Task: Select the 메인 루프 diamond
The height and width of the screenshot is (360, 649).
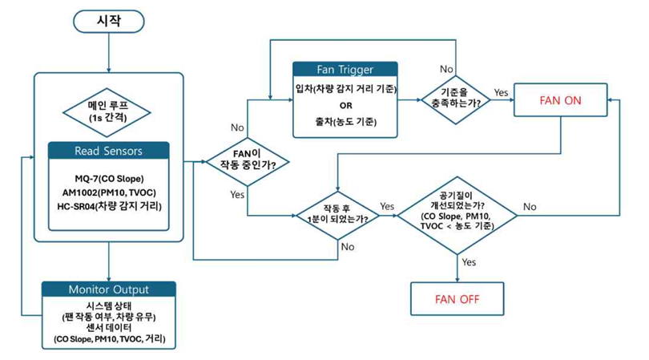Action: click(x=108, y=111)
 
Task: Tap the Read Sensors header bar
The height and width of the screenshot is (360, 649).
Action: click(x=108, y=150)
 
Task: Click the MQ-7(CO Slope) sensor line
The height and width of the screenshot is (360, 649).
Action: click(x=108, y=178)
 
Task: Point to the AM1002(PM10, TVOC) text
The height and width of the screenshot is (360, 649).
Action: click(x=108, y=193)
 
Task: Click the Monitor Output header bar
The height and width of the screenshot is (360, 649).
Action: click(x=108, y=289)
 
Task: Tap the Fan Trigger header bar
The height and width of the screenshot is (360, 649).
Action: click(x=345, y=69)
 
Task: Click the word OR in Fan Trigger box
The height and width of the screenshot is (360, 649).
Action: click(x=345, y=104)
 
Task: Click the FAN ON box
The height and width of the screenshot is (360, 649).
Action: click(x=561, y=101)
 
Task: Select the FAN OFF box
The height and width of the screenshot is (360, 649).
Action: click(x=457, y=300)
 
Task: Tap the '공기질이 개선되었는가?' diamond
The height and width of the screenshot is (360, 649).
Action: click(x=458, y=212)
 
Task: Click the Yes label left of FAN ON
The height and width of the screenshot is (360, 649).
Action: click(x=502, y=92)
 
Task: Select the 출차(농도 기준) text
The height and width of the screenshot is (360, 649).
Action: click(x=345, y=121)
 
